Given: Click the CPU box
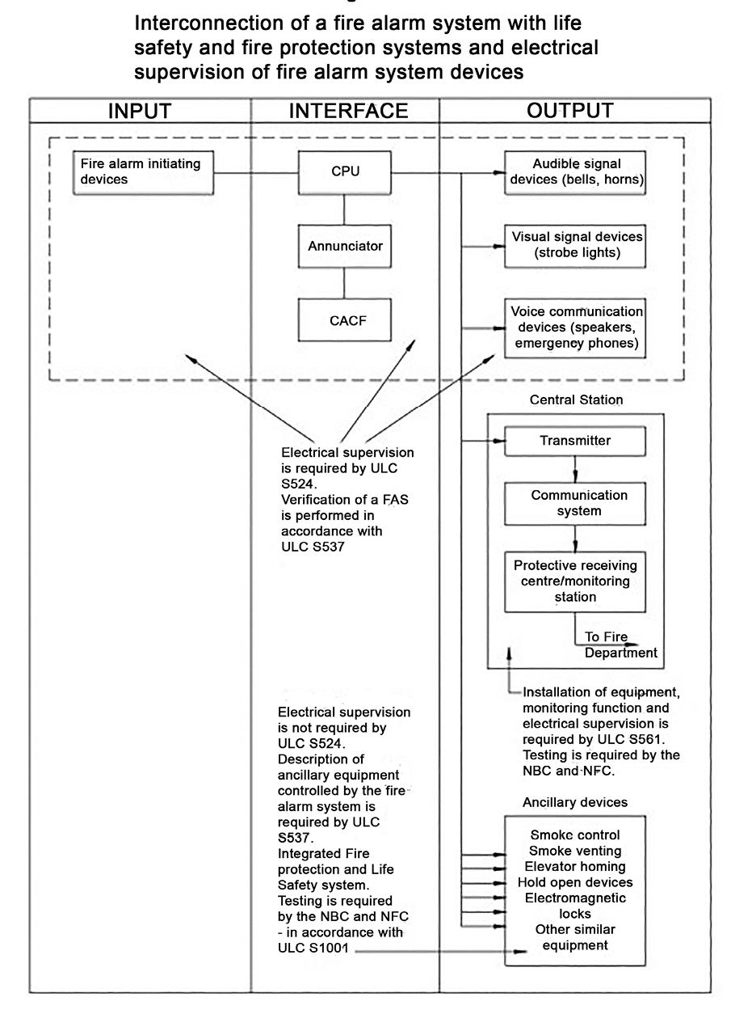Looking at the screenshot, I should click(x=345, y=172).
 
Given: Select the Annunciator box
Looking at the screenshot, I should click(x=345, y=246).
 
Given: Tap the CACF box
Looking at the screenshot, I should click(x=345, y=320).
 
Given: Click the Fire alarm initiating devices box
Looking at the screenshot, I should click(x=143, y=172).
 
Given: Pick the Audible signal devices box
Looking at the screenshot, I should click(x=575, y=172).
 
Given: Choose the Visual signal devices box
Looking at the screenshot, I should click(x=575, y=246).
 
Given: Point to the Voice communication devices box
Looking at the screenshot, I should click(x=575, y=328).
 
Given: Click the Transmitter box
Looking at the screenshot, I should click(x=575, y=441).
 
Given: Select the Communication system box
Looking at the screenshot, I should click(x=575, y=503).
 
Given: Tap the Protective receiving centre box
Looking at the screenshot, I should click(x=575, y=581).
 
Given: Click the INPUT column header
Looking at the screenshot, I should click(x=140, y=111).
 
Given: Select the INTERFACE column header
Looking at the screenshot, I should click(x=348, y=111).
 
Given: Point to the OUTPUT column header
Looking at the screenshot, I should click(x=570, y=111).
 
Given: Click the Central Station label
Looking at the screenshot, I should click(x=576, y=399).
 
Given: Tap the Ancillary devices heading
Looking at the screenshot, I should click(x=575, y=802).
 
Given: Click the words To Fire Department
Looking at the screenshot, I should click(x=620, y=645).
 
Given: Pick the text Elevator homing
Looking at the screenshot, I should click(x=575, y=866).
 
